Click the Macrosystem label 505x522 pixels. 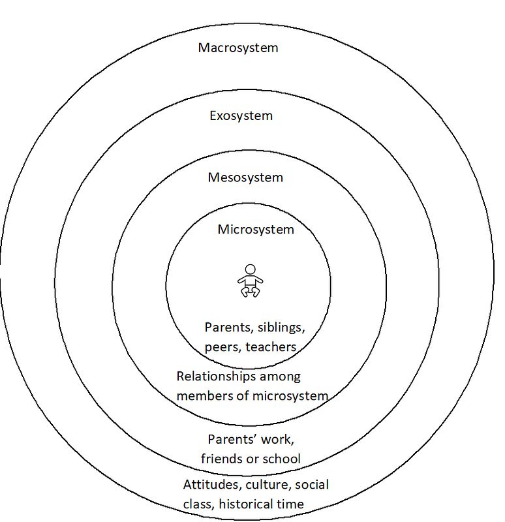click(238, 48)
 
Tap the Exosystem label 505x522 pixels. click(241, 116)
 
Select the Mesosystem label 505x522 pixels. click(245, 177)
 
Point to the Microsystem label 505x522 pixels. click(256, 230)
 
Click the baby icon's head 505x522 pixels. click(250, 269)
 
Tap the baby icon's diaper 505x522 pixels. click(251, 283)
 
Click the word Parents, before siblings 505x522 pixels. click(230, 328)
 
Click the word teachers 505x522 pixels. click(271, 347)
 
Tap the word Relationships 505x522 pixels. click(216, 377)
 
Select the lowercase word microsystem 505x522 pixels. click(290, 396)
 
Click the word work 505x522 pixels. click(277, 439)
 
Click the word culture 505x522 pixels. click(269, 485)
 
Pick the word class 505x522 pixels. click(199, 504)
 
